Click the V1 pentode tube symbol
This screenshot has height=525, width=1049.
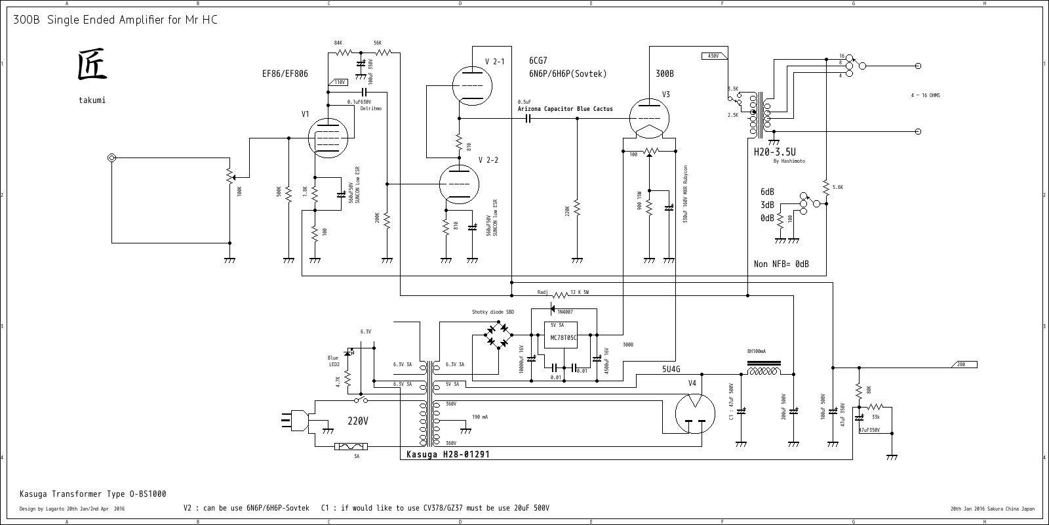coord(327,138)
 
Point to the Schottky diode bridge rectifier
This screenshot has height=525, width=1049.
coord(498,335)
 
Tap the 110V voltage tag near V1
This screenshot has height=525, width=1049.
coord(338,83)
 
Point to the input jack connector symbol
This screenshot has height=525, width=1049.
coord(112,158)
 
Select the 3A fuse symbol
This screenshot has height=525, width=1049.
coord(351,447)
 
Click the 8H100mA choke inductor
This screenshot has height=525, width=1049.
coord(764,371)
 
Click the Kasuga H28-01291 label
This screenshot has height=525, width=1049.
coord(448,454)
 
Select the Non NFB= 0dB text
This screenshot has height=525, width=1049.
coord(781,264)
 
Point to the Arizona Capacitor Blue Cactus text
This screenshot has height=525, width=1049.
coord(565,109)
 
